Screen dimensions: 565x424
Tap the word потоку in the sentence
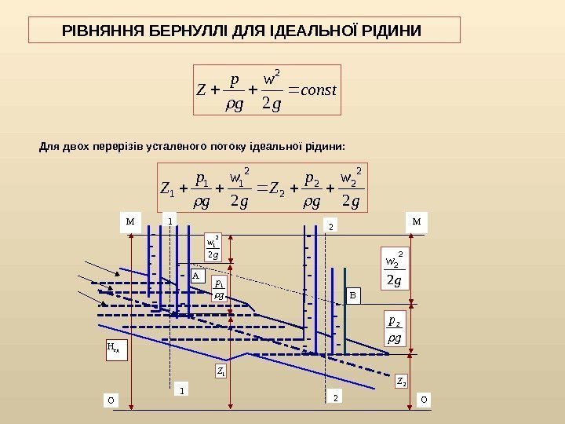(x=225, y=146)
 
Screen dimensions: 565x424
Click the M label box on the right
(x=417, y=221)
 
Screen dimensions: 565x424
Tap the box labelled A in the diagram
(x=196, y=276)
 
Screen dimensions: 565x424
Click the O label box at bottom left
(x=111, y=400)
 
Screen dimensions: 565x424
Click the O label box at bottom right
(x=424, y=399)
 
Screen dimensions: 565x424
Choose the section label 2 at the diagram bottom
(x=335, y=398)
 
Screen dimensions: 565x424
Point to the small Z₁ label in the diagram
(x=221, y=371)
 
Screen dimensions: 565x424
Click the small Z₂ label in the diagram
(x=401, y=382)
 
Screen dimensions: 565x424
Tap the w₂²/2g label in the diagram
(x=394, y=269)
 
